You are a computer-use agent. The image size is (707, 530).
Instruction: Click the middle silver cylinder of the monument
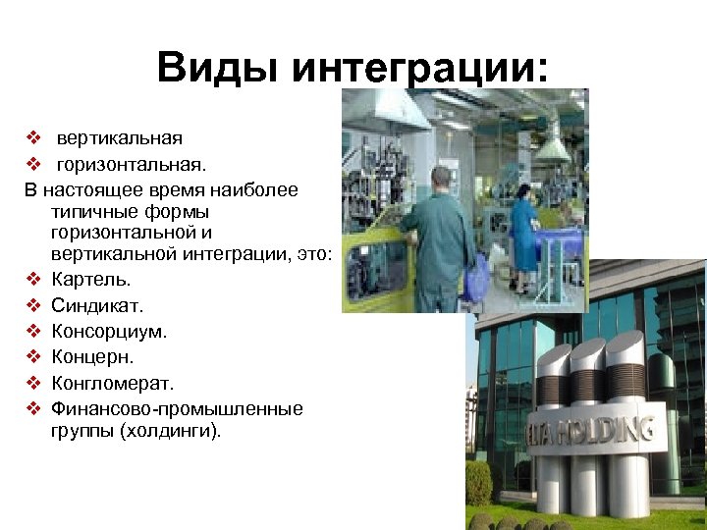tap(588, 412)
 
